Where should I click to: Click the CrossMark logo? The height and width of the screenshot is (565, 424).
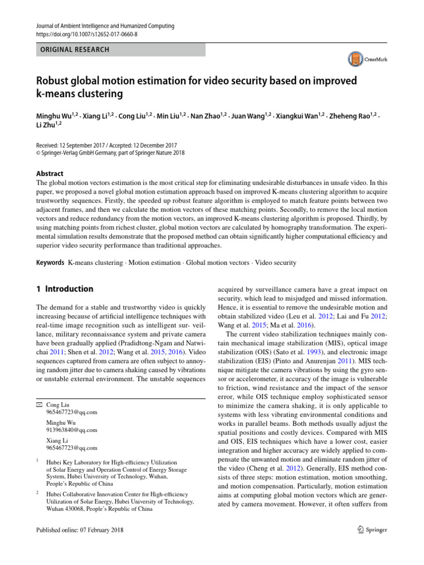tap(367, 59)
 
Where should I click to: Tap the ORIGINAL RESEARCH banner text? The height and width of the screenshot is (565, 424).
tap(73, 50)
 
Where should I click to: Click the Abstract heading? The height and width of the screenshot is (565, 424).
tap(50, 173)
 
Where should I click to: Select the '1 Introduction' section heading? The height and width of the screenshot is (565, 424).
tap(65, 289)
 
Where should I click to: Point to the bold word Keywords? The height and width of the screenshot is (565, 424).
tap(50, 263)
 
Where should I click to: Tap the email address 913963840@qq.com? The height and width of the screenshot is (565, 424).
tap(72, 430)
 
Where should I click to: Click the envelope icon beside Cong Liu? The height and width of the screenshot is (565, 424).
tap(38, 405)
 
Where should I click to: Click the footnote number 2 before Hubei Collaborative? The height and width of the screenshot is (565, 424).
tap(37, 491)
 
